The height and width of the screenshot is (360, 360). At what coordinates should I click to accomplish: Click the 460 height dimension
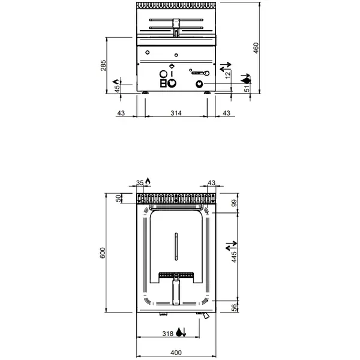[256, 48]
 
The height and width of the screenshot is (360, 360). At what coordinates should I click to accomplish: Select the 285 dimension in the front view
[103, 65]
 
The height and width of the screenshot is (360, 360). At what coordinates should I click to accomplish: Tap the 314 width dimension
[176, 113]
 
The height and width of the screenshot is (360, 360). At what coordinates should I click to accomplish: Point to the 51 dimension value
[247, 88]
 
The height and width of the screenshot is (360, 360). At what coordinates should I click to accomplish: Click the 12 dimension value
[227, 74]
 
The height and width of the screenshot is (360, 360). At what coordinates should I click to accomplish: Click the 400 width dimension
[175, 352]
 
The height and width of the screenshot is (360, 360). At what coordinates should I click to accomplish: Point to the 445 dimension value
[235, 256]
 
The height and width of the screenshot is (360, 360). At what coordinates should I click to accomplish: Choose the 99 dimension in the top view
[235, 204]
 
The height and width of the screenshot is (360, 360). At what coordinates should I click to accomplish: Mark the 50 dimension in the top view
[118, 198]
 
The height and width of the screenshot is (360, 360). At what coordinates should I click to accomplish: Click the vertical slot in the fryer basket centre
[176, 246]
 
